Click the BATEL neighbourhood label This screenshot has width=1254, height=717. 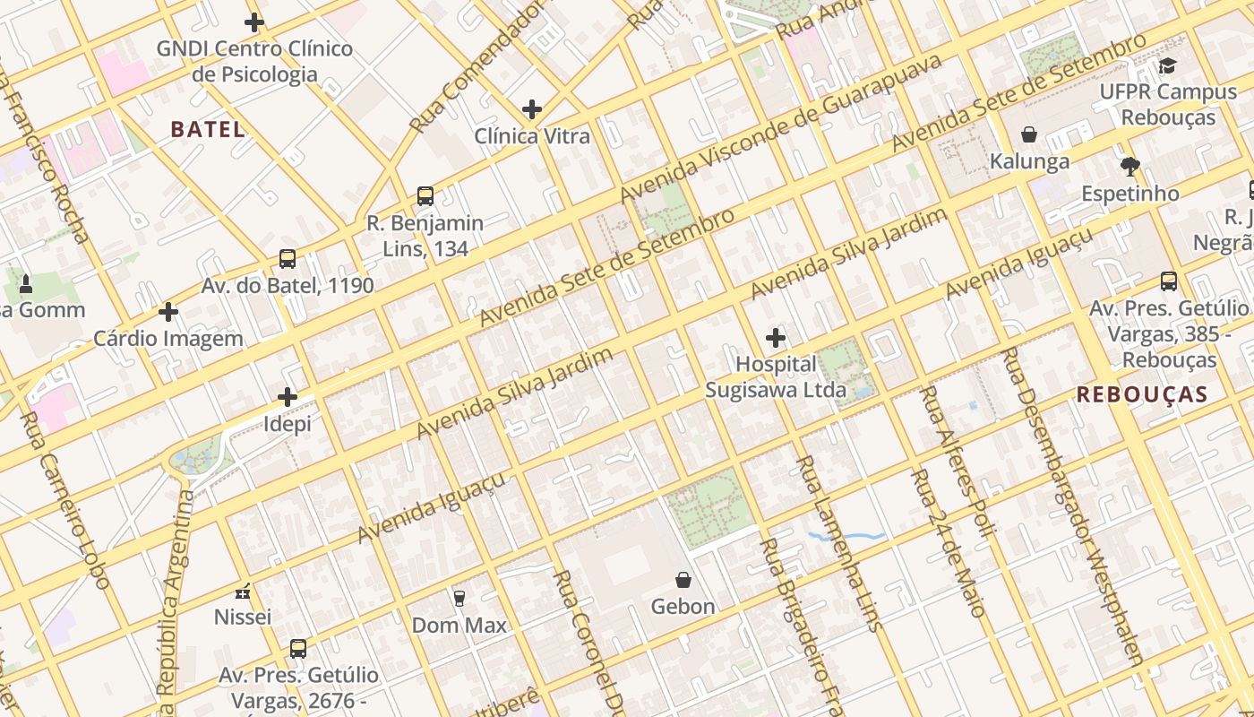[208, 129]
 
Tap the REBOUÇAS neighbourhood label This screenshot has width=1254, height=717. [1142, 394]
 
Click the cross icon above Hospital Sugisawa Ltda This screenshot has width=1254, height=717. [776, 338]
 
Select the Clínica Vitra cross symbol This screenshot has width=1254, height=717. [532, 109]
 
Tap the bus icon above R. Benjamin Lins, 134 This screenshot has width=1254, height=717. [425, 195]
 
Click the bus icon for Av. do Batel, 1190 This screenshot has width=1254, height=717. [287, 259]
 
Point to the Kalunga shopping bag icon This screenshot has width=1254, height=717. [1029, 134]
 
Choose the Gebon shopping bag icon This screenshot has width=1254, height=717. [683, 580]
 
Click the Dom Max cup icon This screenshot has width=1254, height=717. [460, 598]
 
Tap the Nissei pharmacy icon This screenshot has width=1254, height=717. [242, 592]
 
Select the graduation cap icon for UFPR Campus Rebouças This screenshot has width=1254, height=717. [1167, 65]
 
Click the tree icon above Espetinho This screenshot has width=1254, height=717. [1129, 166]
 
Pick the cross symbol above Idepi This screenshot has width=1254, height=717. [287, 396]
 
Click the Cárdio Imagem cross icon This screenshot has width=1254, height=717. [168, 312]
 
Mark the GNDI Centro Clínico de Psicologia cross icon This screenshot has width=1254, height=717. [254, 22]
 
